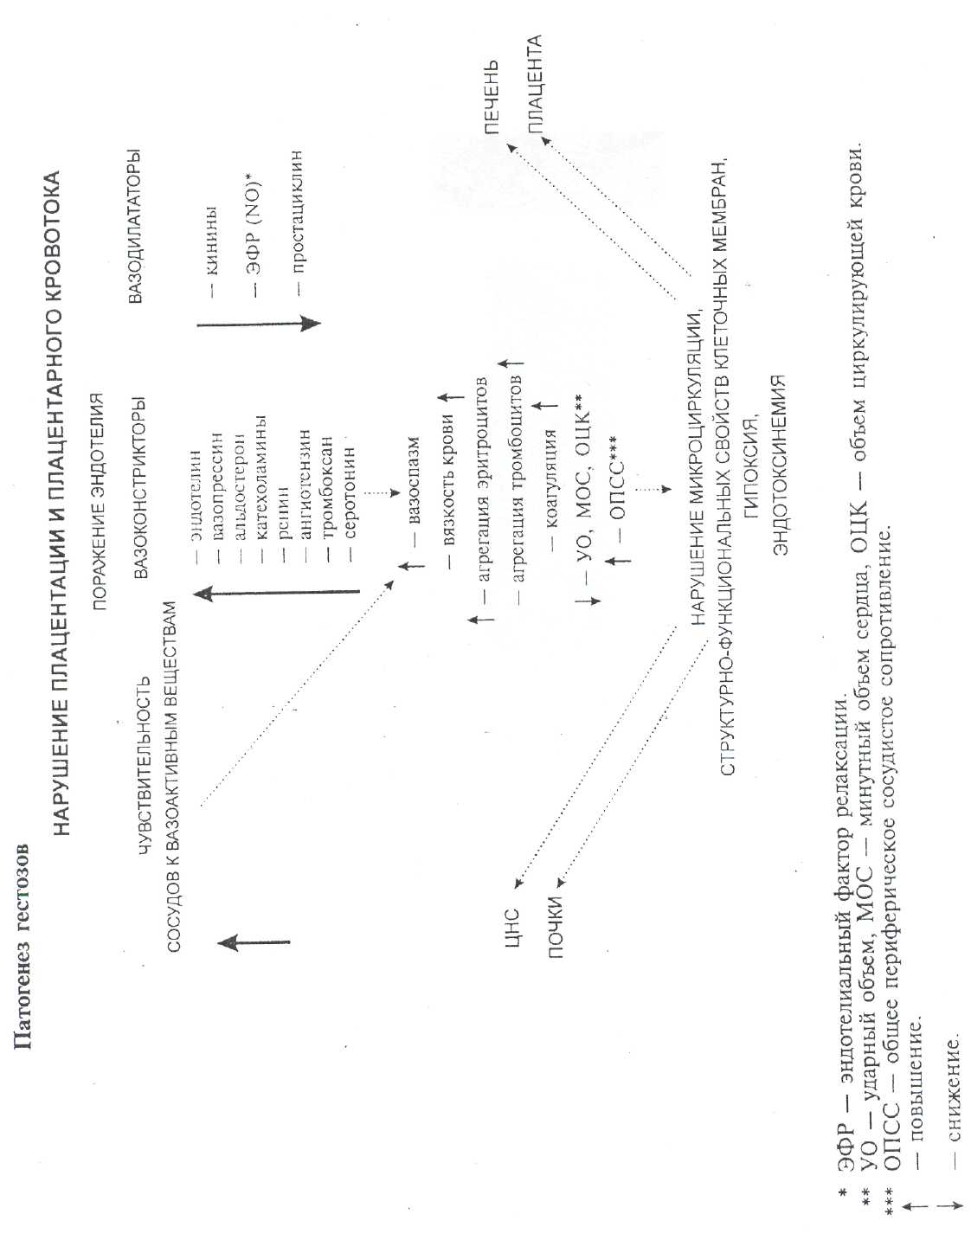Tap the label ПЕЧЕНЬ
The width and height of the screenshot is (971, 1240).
[491, 97]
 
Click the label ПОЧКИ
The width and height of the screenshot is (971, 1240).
[555, 927]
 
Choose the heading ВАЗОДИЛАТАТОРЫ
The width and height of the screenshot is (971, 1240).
[134, 227]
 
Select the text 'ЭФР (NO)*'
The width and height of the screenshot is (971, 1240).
[254, 228]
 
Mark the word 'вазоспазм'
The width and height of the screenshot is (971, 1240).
[414, 481]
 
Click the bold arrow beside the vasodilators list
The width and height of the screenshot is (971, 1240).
[259, 324]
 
